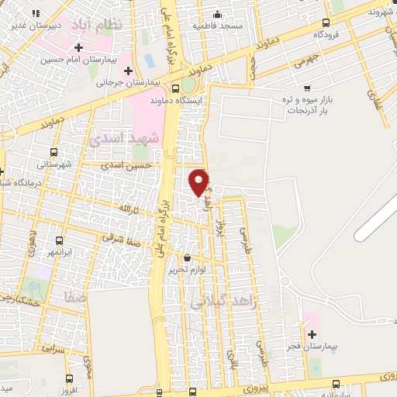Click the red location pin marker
point(200,182)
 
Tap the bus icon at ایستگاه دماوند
point(177,88)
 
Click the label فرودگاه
point(329,36)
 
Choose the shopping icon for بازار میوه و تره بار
point(309,88)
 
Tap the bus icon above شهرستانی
point(54,153)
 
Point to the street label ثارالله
point(126,209)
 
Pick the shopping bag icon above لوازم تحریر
point(187,258)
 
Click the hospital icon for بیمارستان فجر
point(312,335)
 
